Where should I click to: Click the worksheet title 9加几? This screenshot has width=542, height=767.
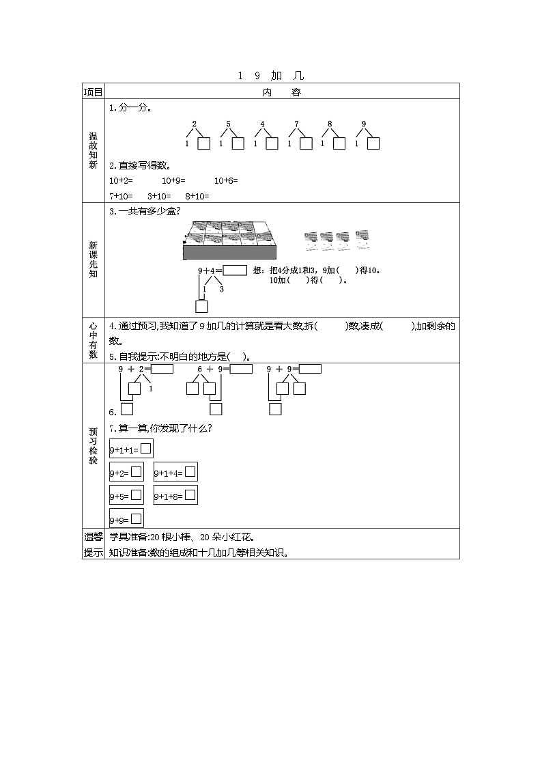[x=271, y=76]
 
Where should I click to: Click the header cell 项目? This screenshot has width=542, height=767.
[x=93, y=92]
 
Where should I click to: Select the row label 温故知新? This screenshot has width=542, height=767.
[x=93, y=150]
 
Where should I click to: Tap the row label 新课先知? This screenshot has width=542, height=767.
[x=93, y=260]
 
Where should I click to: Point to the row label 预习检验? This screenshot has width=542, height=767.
[x=93, y=446]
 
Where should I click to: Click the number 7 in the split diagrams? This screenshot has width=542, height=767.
[x=296, y=124]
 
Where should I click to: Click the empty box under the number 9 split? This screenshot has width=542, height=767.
[x=373, y=143]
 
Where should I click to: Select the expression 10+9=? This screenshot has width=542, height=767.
[x=173, y=181]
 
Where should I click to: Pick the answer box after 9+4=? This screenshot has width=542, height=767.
[x=235, y=270]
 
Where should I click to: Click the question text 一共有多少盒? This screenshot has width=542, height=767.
[x=146, y=212]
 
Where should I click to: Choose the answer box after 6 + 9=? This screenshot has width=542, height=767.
[x=241, y=369]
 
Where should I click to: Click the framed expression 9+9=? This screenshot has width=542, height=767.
[x=126, y=518]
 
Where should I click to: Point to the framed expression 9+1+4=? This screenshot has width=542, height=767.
[x=175, y=473]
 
